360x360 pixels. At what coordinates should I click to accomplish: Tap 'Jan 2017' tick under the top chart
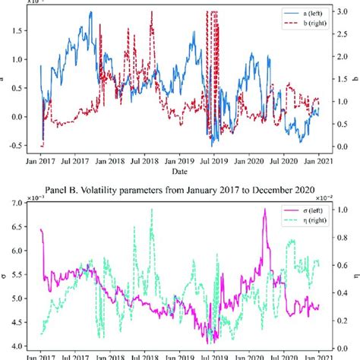coord(42,162)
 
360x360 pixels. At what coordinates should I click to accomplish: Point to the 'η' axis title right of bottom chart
coord(354,267)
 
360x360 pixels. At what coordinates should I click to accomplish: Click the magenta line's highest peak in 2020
coord(264,210)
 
